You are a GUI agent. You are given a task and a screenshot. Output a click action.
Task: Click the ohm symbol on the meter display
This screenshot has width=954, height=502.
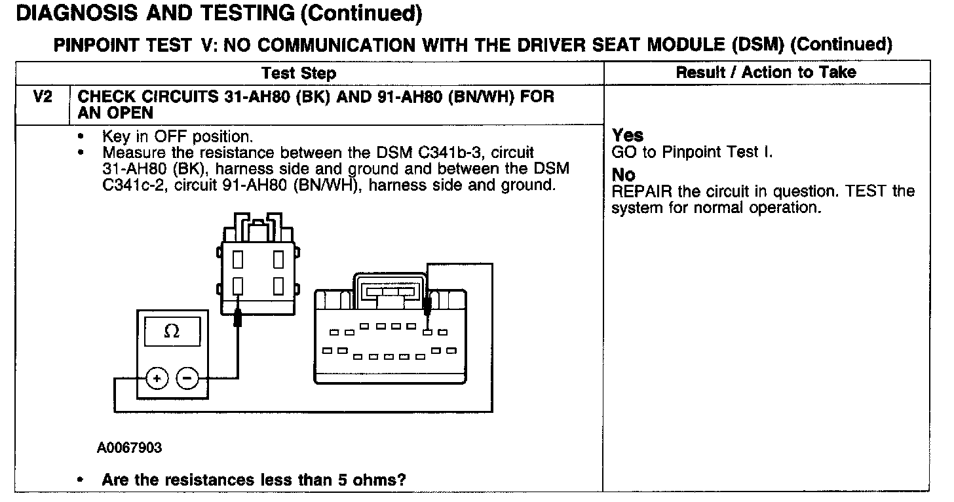coord(171,332)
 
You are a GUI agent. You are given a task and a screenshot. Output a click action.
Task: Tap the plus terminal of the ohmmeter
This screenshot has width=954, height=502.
coord(157,378)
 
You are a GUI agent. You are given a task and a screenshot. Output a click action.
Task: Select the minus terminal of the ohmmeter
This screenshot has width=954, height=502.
coord(187,378)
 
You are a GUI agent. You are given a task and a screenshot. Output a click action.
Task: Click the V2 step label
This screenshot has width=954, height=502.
coord(43,97)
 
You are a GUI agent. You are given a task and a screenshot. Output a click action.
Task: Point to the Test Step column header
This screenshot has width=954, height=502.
coord(299,73)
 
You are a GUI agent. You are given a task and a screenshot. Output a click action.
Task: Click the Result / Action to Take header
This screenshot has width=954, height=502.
coord(766,72)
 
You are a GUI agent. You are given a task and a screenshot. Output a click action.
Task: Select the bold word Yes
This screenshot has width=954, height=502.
coord(628,136)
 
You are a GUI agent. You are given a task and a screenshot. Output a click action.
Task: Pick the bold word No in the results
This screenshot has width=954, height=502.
coord(623,175)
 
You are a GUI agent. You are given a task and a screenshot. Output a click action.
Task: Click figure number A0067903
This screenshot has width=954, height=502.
coord(130,448)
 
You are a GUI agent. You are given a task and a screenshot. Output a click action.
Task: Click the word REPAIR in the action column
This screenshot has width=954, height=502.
coord(638,192)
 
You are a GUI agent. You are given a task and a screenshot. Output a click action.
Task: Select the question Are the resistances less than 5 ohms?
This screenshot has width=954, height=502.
coord(254,479)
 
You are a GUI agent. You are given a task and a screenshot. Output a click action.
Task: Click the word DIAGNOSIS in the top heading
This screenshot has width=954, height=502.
coord(71,13)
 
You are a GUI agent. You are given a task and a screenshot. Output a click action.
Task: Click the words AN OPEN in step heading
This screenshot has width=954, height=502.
coord(115,113)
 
